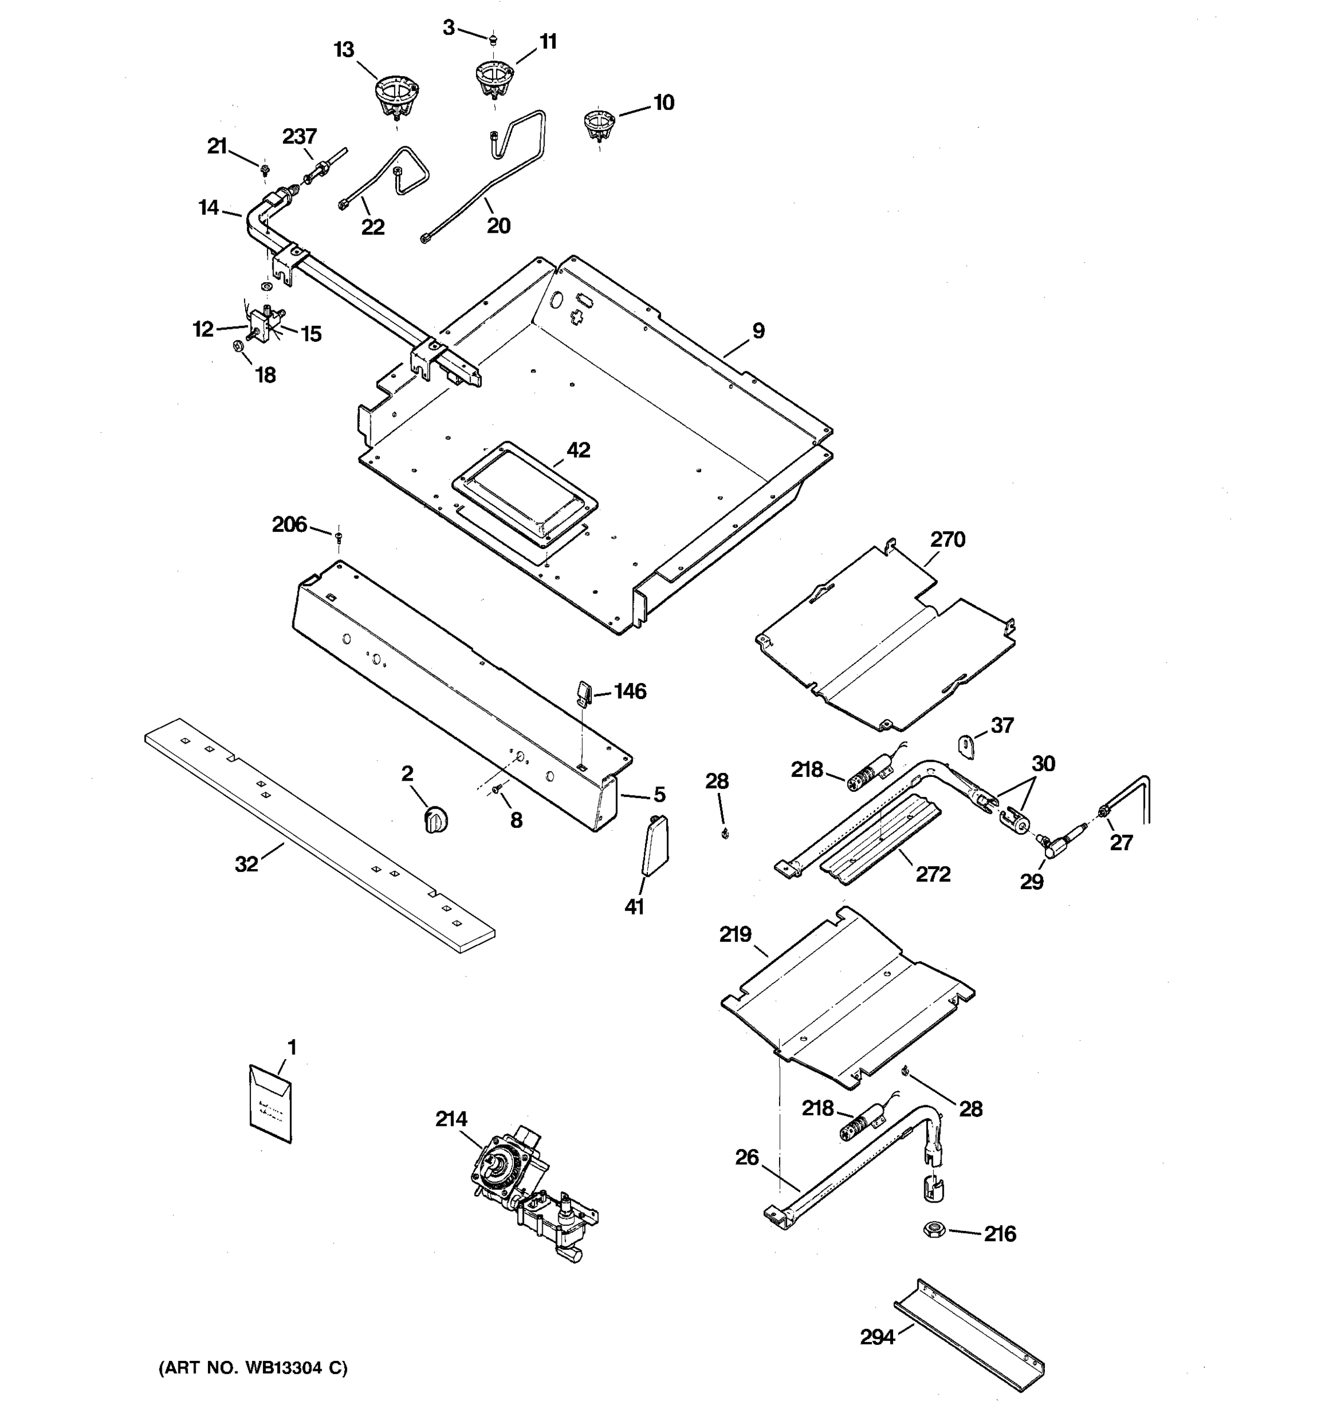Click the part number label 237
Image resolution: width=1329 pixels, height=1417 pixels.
[299, 136]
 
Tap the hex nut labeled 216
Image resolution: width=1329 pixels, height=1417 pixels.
[934, 1229]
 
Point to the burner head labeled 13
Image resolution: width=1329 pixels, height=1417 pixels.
[396, 97]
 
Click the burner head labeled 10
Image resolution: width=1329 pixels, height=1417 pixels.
[598, 124]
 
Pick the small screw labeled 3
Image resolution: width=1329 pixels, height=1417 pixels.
[492, 38]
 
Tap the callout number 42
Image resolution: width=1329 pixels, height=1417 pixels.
[578, 450]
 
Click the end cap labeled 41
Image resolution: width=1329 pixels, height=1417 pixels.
[654, 846]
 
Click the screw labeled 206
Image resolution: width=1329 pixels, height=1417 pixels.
[338, 536]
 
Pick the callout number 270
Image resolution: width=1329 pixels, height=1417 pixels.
[947, 540]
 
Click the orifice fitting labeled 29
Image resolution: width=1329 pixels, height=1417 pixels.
[1058, 842]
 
